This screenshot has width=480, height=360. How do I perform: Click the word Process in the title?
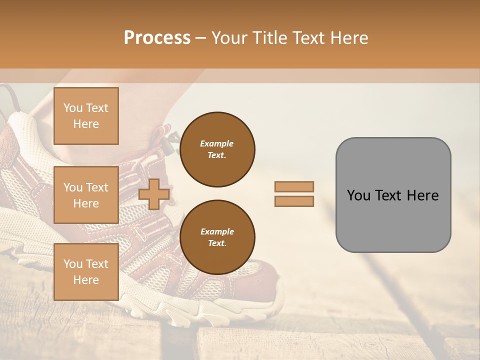pyautogui.click(x=157, y=38)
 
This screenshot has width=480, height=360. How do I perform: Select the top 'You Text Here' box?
pyautogui.click(x=86, y=116)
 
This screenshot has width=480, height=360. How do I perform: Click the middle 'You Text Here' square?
pyautogui.click(x=86, y=195)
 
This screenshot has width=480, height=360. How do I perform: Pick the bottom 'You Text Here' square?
pyautogui.click(x=86, y=271)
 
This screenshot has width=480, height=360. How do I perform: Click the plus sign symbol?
pyautogui.click(x=154, y=194)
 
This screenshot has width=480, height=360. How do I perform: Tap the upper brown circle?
pyautogui.click(x=217, y=149)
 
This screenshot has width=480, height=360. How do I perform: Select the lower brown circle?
pyautogui.click(x=217, y=237)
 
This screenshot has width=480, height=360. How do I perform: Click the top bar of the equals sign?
pyautogui.click(x=294, y=186)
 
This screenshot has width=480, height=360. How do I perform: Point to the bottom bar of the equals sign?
pyautogui.click(x=294, y=201)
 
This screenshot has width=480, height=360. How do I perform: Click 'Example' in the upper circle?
pyautogui.click(x=217, y=143)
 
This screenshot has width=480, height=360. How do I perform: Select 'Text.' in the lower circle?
pyautogui.click(x=217, y=243)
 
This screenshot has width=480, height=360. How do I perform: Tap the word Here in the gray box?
pyautogui.click(x=422, y=195)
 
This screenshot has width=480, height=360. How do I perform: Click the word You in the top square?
pyautogui.click(x=73, y=108)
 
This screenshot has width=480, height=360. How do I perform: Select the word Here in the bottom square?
pyautogui.click(x=86, y=280)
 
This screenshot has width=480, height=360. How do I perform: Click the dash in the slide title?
pyautogui.click(x=200, y=38)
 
